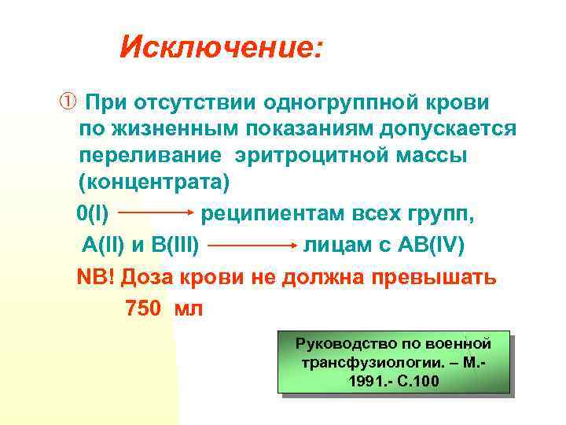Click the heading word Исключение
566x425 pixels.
[x=219, y=49]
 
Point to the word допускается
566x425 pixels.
[x=441, y=128]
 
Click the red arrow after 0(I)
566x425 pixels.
[x=156, y=213]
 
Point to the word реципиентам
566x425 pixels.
[x=263, y=213]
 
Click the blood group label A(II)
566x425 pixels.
[x=103, y=245]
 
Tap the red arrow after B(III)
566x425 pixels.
[x=251, y=246]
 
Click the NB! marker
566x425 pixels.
[x=95, y=278]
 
